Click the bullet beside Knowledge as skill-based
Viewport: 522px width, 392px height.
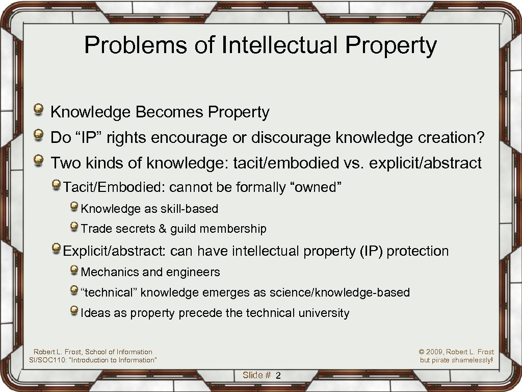click(x=74, y=207)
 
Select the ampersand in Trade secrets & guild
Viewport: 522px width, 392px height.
click(x=163, y=229)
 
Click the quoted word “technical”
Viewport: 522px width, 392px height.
click(x=109, y=292)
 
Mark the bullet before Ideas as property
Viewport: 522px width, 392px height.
click(x=74, y=311)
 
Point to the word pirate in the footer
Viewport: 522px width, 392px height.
click(x=441, y=360)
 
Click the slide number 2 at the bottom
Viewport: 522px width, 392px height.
click(x=278, y=376)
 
